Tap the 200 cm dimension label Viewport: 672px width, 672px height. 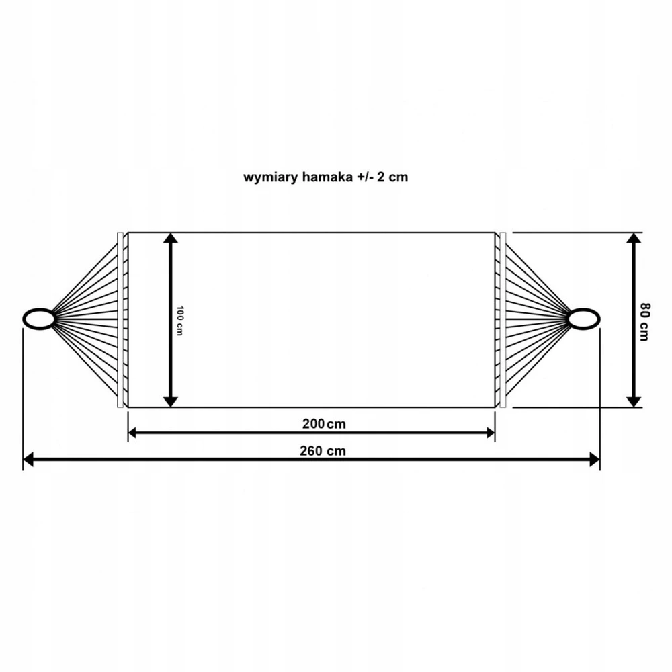point(324,424)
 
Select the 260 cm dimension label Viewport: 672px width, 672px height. point(323,451)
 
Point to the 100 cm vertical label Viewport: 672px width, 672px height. point(180,321)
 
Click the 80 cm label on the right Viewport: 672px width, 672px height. point(644,322)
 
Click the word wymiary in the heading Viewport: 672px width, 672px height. point(271,177)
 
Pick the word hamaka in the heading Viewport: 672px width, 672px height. point(327,177)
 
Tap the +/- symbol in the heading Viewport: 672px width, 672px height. point(364,177)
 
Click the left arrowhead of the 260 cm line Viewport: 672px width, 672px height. point(28,460)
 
